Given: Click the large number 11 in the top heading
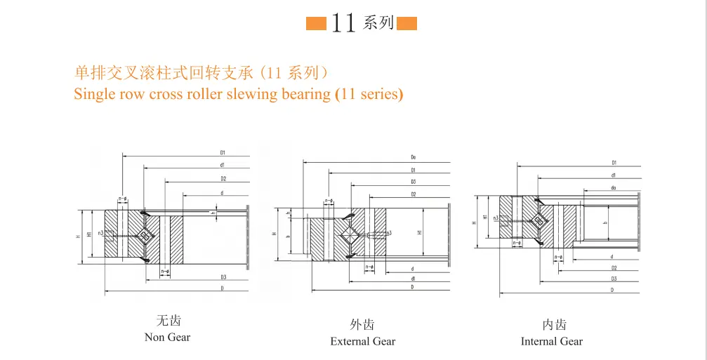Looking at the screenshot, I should coord(343,22).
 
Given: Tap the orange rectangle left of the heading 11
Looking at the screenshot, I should coord(316,24).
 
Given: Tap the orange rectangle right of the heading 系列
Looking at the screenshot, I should coord(407,24).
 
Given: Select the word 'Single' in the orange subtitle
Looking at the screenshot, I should coord(94,94).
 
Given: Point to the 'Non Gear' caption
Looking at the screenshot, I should coord(167,338).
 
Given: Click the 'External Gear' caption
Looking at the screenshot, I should coord(362,342).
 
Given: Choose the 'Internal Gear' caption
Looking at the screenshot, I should coord(551,342).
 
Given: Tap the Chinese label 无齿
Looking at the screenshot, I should coord(168,321).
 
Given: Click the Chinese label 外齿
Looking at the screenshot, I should coord(362,324).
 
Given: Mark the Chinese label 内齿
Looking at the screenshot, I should coord(553,324).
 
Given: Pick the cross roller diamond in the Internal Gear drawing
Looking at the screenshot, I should coord(539,220).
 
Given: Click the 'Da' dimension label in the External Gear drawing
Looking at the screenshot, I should coord(414,158).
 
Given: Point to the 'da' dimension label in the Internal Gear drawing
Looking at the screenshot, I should coord(613,187).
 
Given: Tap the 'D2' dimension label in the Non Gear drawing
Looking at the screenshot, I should coord(223,178).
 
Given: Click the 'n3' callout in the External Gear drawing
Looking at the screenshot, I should coord(388,233).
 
